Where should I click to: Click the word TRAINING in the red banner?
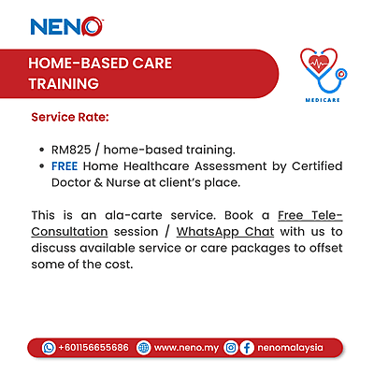(x=65, y=83)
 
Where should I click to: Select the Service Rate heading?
(x=70, y=119)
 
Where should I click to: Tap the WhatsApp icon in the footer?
(x=49, y=347)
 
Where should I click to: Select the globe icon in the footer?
(x=143, y=347)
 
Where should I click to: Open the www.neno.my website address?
(x=186, y=347)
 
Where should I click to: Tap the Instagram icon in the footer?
(x=230, y=347)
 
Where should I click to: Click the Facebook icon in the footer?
(x=247, y=347)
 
